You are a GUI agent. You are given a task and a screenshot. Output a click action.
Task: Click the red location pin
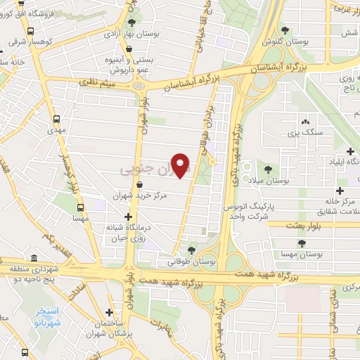(x=181, y=165)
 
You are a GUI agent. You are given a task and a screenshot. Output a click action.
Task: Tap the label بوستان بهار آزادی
(x=131, y=33)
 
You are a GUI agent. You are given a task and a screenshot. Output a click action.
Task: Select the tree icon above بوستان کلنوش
(x=284, y=30)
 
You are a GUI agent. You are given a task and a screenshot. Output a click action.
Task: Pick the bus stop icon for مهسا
(x=80, y=207)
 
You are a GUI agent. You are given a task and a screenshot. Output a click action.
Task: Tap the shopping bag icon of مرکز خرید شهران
(x=141, y=184)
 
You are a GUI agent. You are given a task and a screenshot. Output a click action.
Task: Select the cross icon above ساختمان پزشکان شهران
(x=109, y=312)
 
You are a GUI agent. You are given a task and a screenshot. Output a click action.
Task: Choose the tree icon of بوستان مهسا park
(x=302, y=243)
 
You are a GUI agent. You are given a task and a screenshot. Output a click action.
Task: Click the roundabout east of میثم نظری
(x=138, y=86)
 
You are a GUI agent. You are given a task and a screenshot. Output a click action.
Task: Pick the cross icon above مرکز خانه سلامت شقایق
(x=340, y=191)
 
